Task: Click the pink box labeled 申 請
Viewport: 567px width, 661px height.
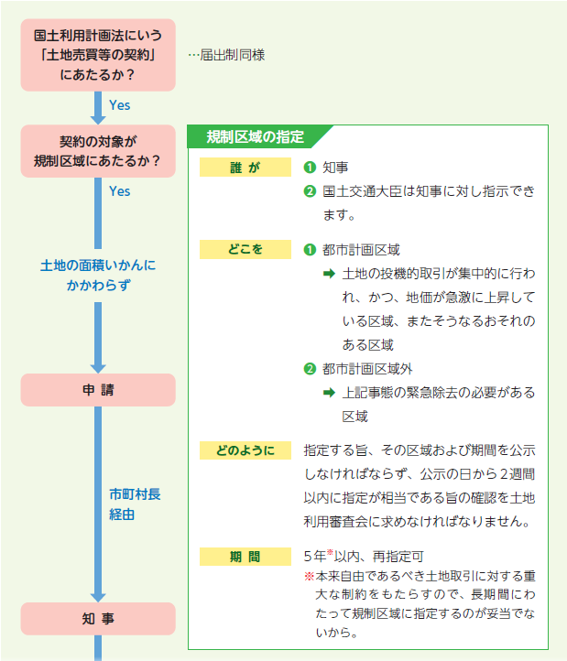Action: (x=98, y=389)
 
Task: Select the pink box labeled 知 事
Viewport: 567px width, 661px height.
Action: (x=98, y=618)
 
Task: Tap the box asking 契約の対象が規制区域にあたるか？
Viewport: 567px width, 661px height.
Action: (x=98, y=151)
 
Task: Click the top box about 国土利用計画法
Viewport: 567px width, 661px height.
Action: (x=98, y=55)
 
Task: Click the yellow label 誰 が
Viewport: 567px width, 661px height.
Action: (x=245, y=168)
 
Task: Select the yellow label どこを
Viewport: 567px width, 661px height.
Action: (x=245, y=249)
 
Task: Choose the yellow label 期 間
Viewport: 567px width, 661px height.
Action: (x=245, y=556)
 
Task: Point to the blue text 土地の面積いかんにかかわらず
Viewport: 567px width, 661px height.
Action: (x=98, y=275)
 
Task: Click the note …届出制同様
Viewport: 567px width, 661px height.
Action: (x=226, y=55)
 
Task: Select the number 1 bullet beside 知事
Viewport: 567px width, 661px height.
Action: (x=310, y=168)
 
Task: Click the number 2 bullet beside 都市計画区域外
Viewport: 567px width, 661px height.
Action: (x=310, y=369)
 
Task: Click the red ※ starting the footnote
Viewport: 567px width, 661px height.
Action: (x=309, y=577)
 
